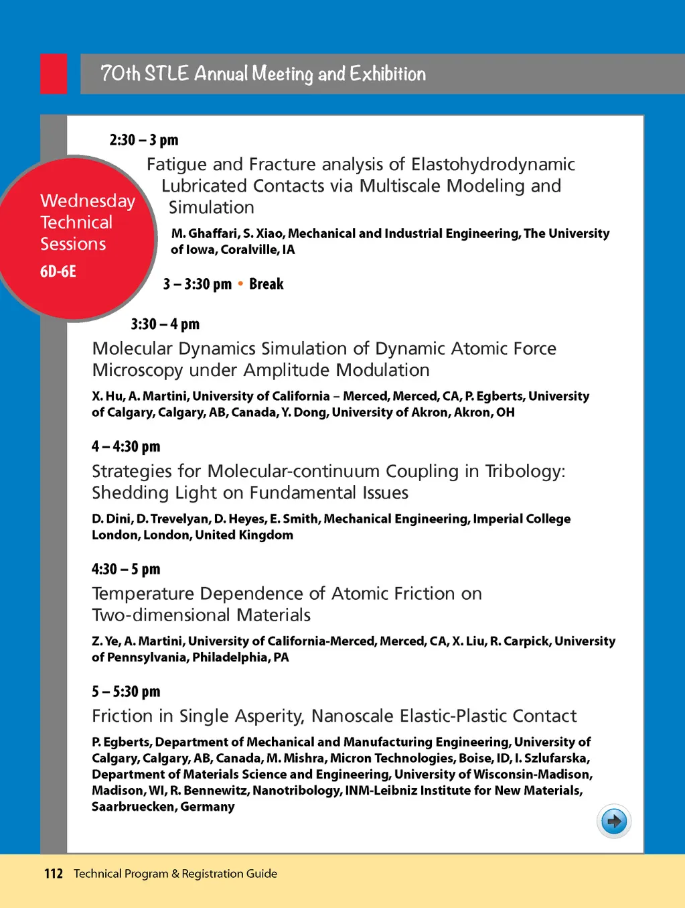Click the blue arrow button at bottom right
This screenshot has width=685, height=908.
(613, 821)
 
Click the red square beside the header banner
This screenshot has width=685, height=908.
(54, 74)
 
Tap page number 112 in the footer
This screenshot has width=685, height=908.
(54, 874)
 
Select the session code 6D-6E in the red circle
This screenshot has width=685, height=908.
(58, 271)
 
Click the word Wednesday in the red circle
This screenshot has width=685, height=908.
(88, 201)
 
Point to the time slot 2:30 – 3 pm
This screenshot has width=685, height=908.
(144, 140)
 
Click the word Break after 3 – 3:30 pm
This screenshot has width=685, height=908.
(267, 284)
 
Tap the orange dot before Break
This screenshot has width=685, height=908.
(240, 284)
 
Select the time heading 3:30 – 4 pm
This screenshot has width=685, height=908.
(165, 324)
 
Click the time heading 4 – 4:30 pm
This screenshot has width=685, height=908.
(126, 447)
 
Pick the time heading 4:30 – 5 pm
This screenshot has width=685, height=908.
(126, 570)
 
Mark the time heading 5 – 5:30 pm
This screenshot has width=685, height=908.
(126, 692)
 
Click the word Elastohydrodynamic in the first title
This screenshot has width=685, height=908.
(493, 165)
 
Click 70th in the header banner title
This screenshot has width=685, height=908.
(120, 74)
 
